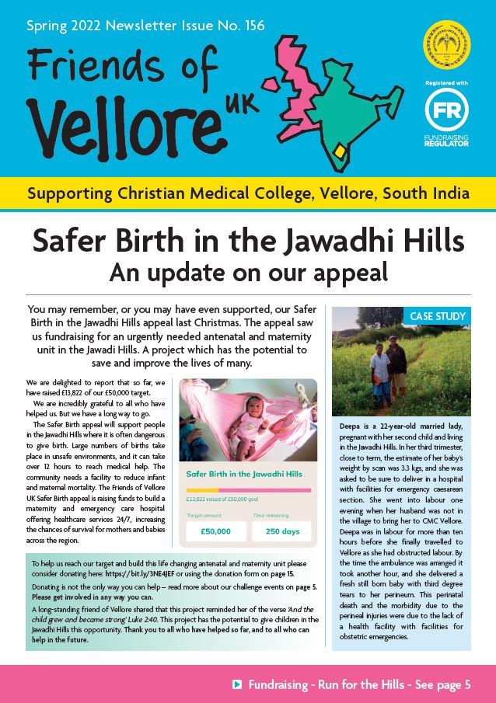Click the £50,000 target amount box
tap(216, 531)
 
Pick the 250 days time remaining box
tap(281, 531)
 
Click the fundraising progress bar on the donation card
tap(249, 490)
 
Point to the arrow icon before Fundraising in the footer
tap(237, 684)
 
